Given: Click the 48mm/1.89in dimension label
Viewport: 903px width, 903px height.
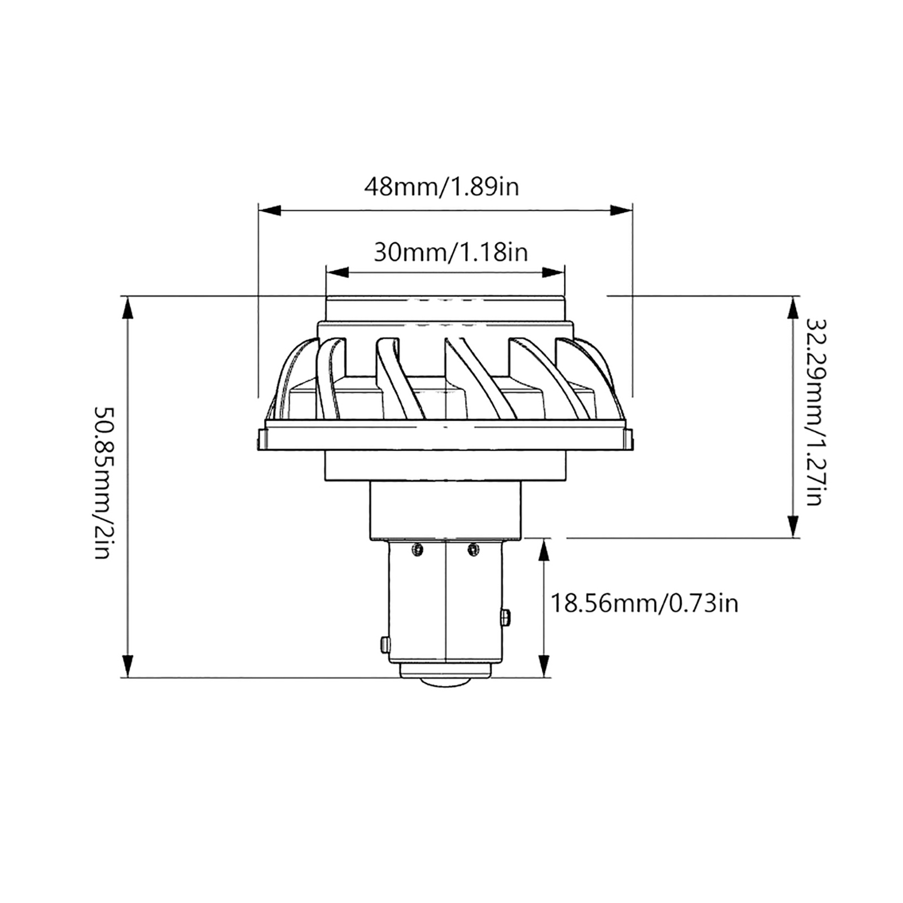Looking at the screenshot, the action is click(441, 186).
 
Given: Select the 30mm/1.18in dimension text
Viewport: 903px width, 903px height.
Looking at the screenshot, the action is click(451, 252).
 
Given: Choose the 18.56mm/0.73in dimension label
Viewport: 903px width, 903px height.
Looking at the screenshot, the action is click(644, 604).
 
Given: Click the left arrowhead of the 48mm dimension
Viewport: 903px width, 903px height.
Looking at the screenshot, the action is click(269, 211).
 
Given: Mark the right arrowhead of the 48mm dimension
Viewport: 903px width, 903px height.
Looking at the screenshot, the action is click(621, 211).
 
